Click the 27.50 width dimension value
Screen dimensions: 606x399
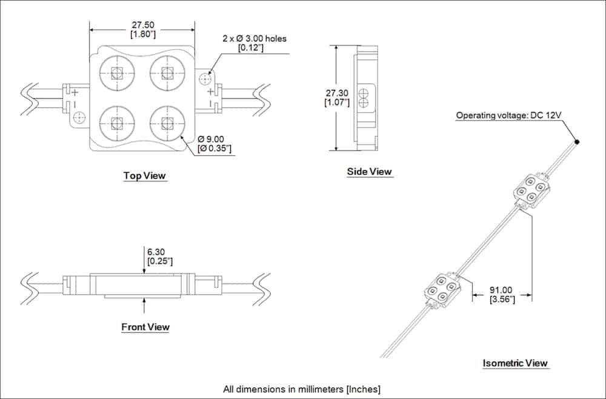click(x=143, y=25)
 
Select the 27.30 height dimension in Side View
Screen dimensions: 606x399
click(x=336, y=93)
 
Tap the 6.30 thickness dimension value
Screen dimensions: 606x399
click(x=156, y=252)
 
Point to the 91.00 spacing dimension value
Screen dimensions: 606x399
click(x=501, y=290)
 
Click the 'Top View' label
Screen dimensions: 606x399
click(x=145, y=175)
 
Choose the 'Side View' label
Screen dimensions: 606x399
click(x=370, y=172)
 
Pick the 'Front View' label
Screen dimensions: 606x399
click(x=145, y=327)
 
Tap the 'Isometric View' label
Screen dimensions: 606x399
click(x=515, y=363)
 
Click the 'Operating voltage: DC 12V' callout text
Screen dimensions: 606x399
click(x=508, y=115)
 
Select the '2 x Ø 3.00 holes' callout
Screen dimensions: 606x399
click(x=255, y=39)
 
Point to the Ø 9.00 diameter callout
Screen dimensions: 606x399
click(x=211, y=139)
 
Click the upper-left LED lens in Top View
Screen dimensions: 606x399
click(x=117, y=72)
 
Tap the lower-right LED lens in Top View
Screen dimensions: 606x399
click(x=167, y=123)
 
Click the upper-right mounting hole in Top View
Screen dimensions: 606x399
click(x=204, y=79)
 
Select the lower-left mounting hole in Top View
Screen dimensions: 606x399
click(x=79, y=117)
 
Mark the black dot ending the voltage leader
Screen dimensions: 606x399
click(x=577, y=142)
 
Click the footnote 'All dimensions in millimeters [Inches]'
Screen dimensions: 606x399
click(x=302, y=389)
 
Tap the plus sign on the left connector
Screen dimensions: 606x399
click(x=75, y=93)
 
